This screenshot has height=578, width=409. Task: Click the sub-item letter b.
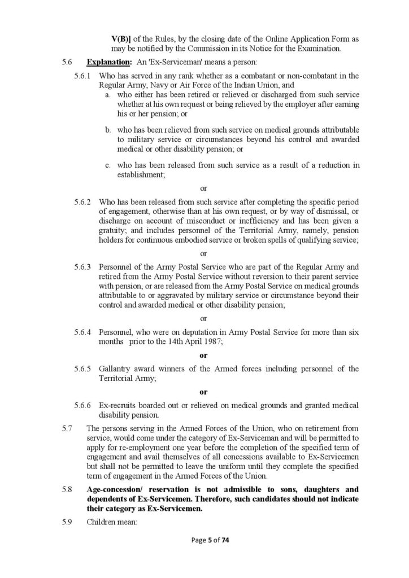tap(107, 130)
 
